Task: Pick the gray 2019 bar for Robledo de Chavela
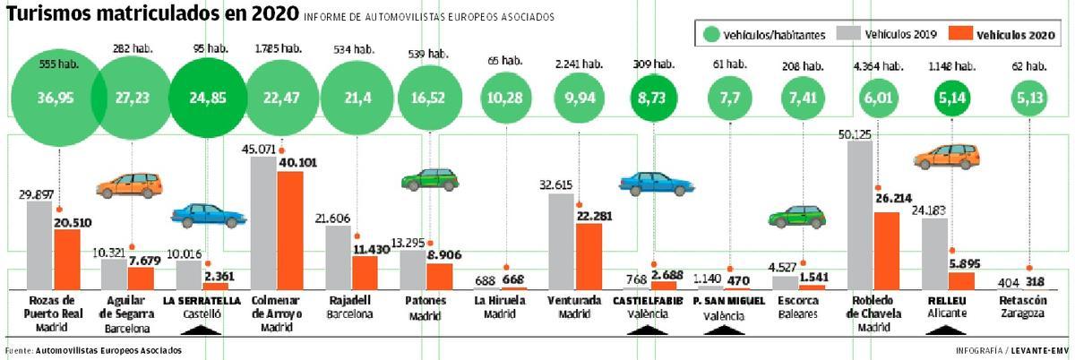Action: pos(859,215)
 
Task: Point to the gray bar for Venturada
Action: pos(562,240)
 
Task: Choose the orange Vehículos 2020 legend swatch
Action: pos(960,34)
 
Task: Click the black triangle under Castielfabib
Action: pos(652,330)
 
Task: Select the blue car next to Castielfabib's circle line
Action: pos(657,183)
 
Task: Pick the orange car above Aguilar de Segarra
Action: pos(130,184)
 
